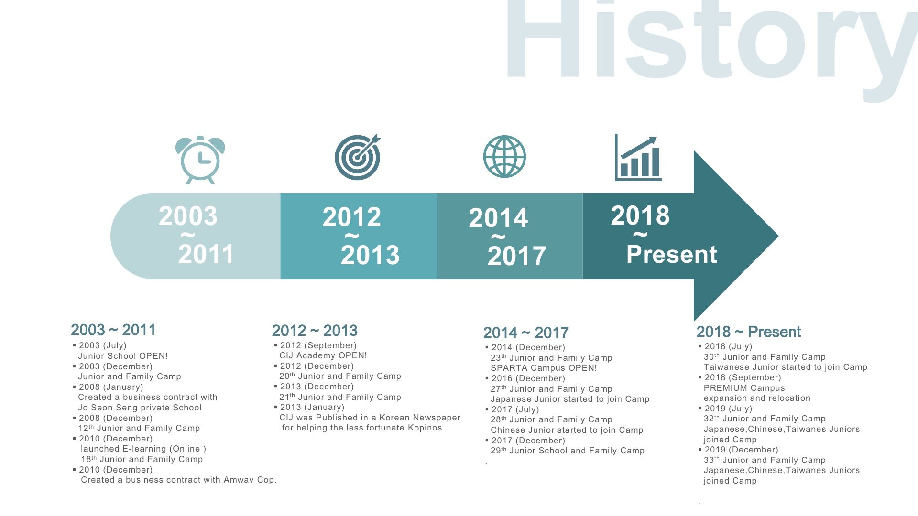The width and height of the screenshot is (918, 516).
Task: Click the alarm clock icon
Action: (x=200, y=160)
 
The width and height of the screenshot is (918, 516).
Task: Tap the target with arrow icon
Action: (x=358, y=157)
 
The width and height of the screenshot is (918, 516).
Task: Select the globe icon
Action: (x=504, y=156)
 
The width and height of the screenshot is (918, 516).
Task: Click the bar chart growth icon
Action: (x=638, y=157)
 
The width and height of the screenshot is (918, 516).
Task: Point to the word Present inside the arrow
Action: (x=672, y=254)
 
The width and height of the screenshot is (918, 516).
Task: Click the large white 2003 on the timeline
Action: (x=188, y=216)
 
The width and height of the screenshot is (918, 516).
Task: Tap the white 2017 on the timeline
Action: (x=517, y=256)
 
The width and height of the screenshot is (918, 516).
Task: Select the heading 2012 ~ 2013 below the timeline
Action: (x=315, y=331)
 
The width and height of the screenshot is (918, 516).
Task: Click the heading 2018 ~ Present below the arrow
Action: (x=749, y=332)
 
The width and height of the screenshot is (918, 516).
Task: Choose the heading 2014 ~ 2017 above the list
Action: (x=526, y=333)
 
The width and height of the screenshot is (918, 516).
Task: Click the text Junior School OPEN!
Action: (x=123, y=356)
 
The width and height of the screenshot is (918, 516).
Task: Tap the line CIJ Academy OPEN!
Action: (x=323, y=355)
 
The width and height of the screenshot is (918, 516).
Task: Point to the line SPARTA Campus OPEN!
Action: (x=544, y=368)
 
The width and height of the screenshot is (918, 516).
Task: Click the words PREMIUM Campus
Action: (x=744, y=388)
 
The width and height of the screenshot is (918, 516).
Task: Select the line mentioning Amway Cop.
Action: (x=179, y=480)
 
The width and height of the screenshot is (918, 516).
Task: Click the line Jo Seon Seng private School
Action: (x=140, y=408)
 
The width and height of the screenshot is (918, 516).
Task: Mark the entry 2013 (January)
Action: (x=312, y=407)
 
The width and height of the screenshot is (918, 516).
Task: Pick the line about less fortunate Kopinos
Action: (x=362, y=428)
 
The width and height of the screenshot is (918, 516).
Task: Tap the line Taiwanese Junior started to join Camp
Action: (x=786, y=367)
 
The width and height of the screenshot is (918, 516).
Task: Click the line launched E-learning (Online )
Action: (x=143, y=449)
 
